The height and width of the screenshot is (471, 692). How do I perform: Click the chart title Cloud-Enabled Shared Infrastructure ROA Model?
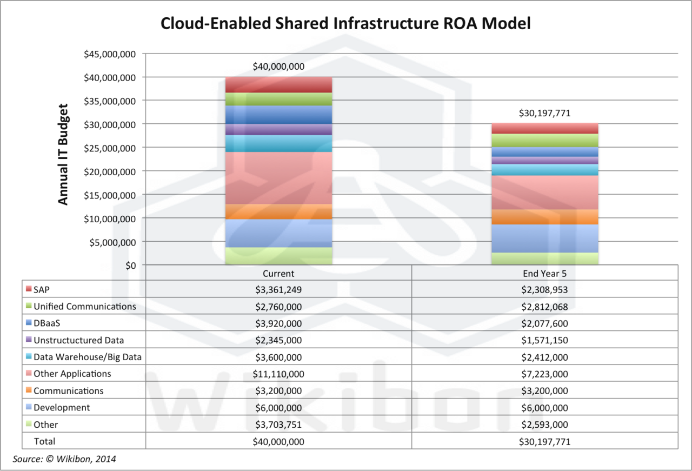(x=346, y=23)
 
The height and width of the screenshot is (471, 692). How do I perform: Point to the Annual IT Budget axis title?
(x=63, y=154)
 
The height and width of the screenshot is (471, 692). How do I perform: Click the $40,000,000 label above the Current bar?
(x=278, y=67)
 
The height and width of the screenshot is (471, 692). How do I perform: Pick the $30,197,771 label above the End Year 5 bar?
(x=544, y=114)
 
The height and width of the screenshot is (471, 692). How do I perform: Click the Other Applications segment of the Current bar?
(x=278, y=178)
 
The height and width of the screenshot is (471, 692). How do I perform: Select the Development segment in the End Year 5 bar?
(x=544, y=238)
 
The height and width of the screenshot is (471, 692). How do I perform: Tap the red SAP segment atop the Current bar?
(x=278, y=85)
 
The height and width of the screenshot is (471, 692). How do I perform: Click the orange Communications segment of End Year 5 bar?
(x=544, y=217)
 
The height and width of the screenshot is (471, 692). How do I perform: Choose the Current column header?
(x=278, y=273)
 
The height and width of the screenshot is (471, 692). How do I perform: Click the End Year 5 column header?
(x=544, y=273)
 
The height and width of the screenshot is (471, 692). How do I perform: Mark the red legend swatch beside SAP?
(x=29, y=289)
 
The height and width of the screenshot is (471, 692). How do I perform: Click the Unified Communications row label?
(x=85, y=307)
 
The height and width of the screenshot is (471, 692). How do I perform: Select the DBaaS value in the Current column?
(x=278, y=323)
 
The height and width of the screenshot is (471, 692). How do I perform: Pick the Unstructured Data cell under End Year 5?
(x=544, y=340)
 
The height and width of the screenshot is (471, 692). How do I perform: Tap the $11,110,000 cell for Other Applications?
(x=278, y=374)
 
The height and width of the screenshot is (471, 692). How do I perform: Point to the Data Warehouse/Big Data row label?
(x=88, y=357)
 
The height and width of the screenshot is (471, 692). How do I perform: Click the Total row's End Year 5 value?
(x=544, y=441)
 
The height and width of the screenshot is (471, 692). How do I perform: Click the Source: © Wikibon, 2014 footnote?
(x=64, y=460)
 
